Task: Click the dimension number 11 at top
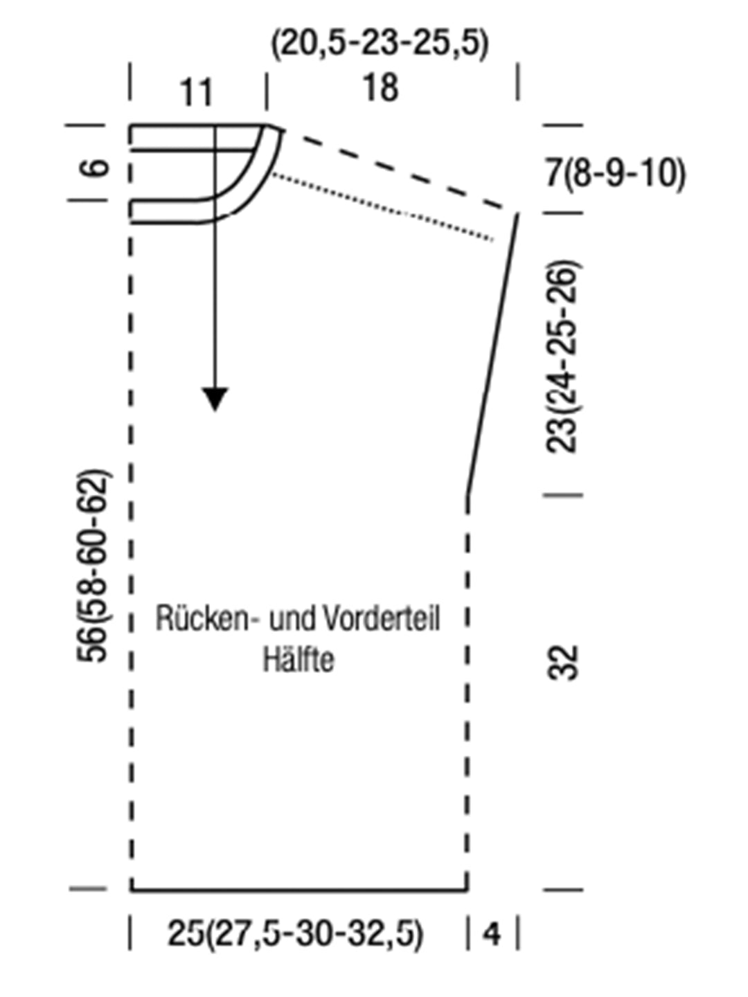pos(197,93)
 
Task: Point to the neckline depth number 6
pos(98,167)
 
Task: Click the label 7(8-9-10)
pos(615,172)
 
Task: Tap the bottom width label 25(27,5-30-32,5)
pos(295,934)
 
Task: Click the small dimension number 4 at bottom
pos(492,935)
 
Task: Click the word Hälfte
pos(299,659)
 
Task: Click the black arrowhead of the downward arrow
pos(215,399)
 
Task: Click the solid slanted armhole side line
pos(492,353)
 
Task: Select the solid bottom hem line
pos(298,890)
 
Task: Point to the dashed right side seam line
pos(467,692)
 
